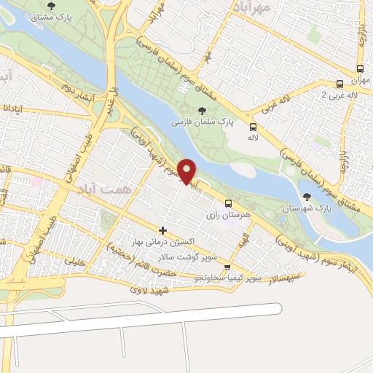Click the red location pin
[188, 170]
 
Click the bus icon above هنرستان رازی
[228, 203]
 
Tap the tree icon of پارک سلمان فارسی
[202, 110]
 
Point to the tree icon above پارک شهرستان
[307, 195]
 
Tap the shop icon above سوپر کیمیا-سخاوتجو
[227, 267]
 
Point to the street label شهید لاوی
[151, 289]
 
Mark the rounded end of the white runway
[276, 308]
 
